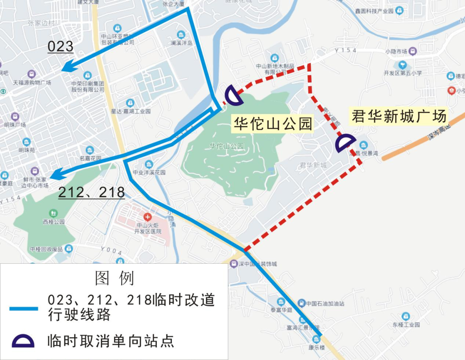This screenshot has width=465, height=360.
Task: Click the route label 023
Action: point(60,46)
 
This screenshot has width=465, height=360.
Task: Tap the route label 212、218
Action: point(91,192)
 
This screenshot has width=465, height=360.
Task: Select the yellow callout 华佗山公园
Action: point(273,124)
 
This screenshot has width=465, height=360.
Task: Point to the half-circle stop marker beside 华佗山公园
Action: point(234,95)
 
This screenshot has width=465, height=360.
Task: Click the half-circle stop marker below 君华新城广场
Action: point(345,144)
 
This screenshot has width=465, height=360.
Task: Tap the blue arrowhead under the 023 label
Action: point(67,68)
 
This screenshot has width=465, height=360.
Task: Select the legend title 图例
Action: point(115,278)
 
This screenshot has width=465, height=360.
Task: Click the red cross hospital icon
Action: point(148,217)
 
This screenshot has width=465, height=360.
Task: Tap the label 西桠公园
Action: point(53,222)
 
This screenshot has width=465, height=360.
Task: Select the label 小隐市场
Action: point(397,52)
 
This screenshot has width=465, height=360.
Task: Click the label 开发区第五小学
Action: point(403,73)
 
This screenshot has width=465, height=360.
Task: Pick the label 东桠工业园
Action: point(406,325)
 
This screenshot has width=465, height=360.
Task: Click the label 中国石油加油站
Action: point(325,304)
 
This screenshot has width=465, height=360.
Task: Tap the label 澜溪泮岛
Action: point(181,43)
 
